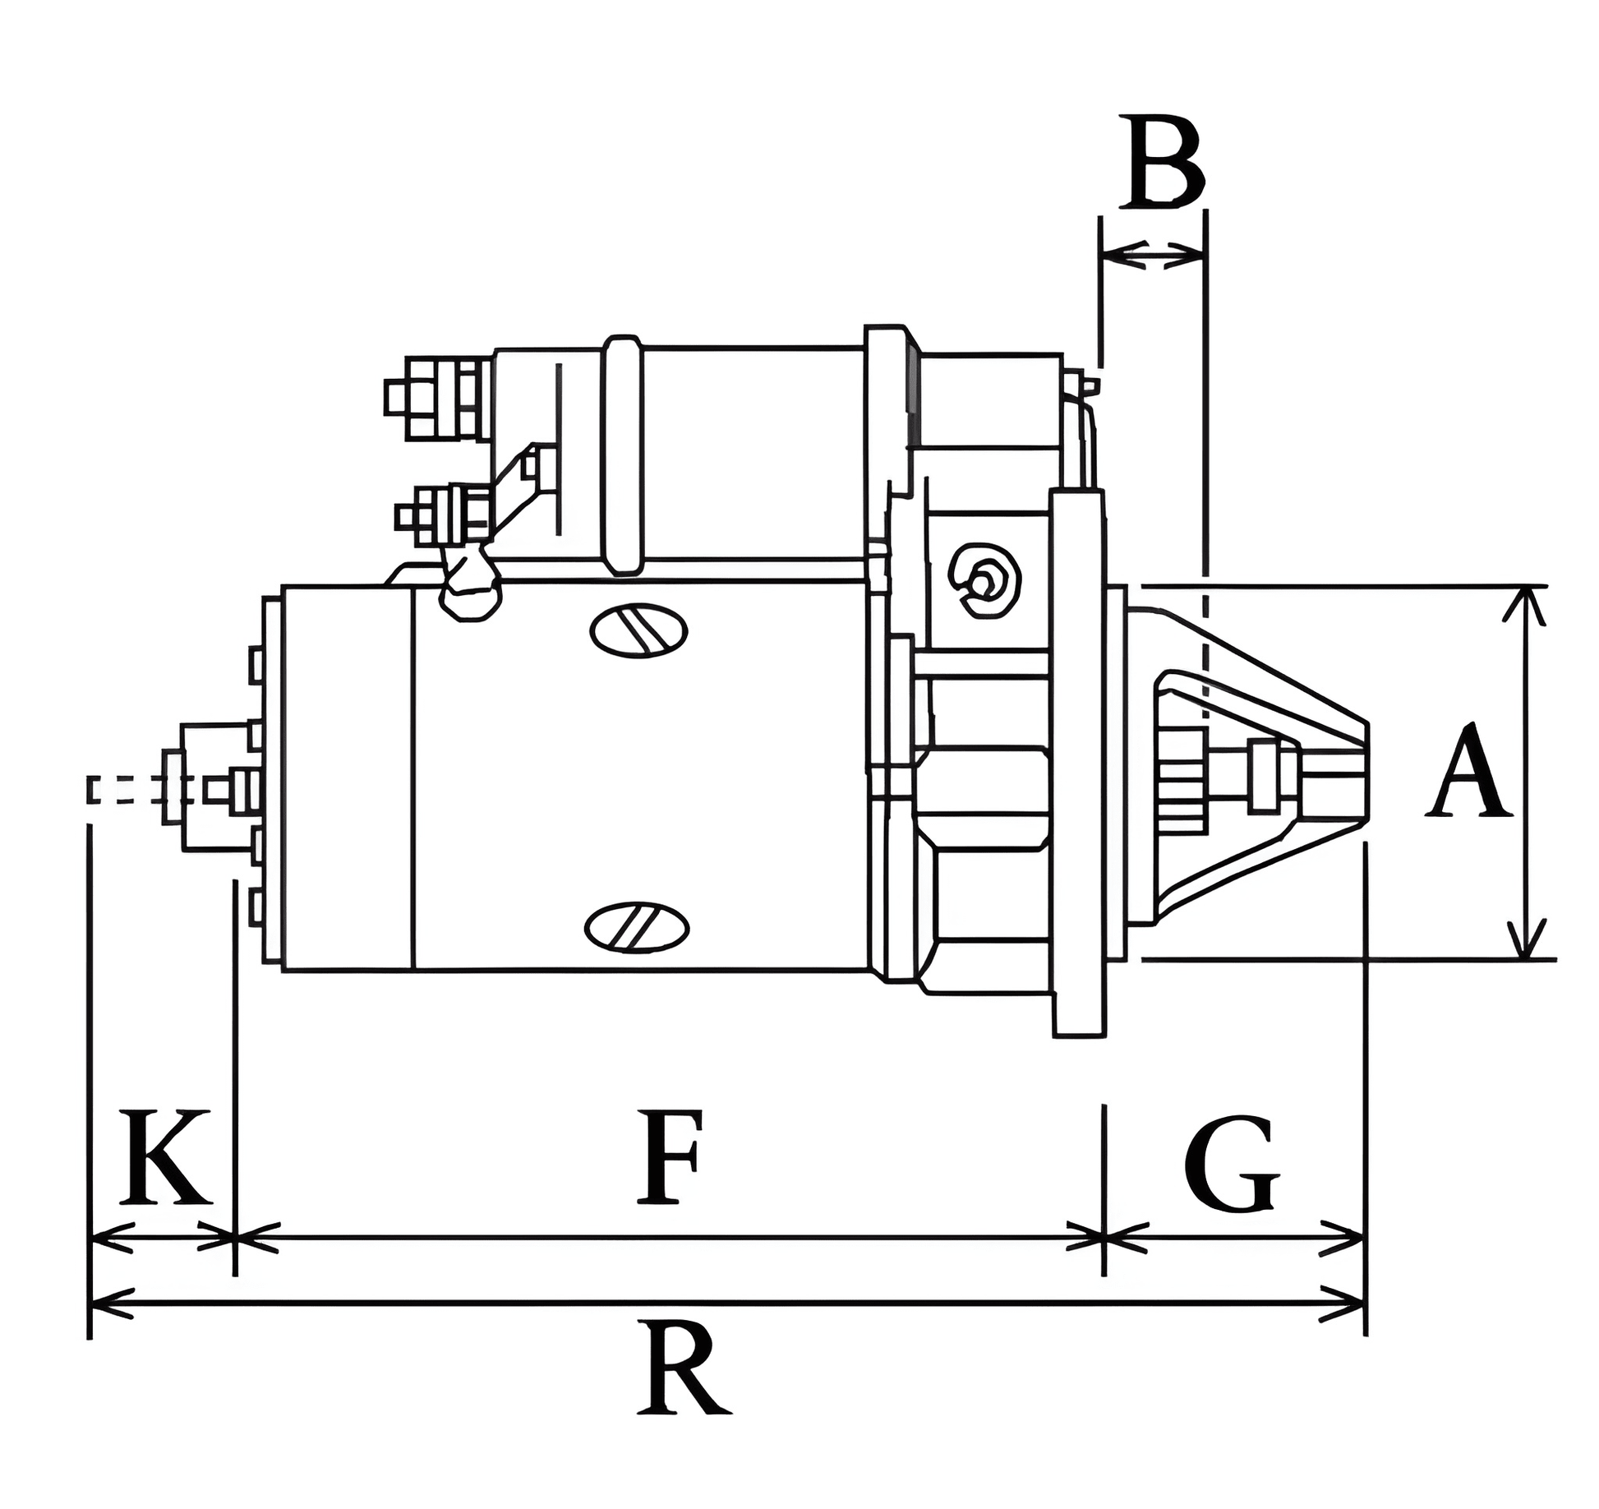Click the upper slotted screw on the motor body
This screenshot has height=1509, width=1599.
638,630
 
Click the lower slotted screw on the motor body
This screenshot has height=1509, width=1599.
637,926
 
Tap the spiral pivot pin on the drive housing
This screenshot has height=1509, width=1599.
984,580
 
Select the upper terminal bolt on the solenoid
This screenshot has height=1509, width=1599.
435,399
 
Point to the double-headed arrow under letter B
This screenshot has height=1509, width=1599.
1153,255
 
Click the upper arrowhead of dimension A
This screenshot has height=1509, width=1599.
1527,605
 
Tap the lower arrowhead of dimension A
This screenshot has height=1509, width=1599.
1527,939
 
